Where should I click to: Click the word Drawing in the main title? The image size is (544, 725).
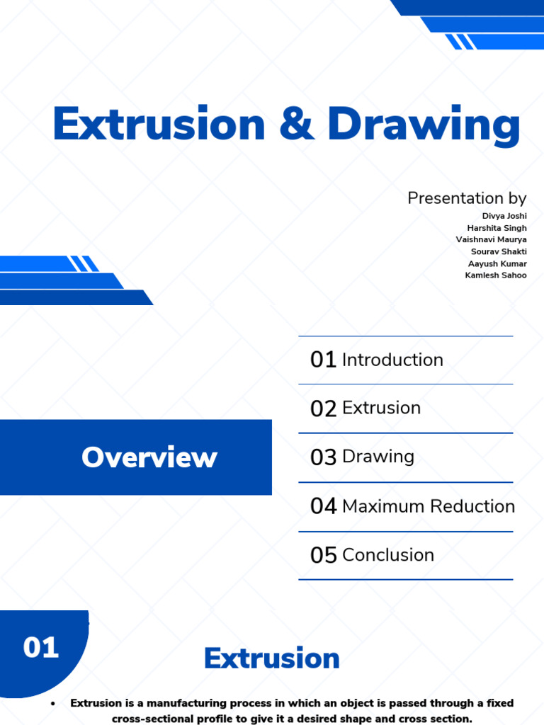(424, 125)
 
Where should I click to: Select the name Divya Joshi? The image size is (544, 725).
(504, 216)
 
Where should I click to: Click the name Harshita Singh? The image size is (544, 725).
(497, 228)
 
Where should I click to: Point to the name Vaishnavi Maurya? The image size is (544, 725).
(491, 240)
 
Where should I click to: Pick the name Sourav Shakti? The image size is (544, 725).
(499, 251)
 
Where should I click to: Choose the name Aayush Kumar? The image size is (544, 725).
(497, 263)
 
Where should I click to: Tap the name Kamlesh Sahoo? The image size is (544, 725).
(496, 275)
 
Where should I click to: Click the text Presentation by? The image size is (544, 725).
(467, 198)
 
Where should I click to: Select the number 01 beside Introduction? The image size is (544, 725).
(323, 360)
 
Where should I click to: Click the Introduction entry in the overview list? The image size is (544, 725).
(392, 360)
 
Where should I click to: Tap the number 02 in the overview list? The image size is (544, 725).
(323, 409)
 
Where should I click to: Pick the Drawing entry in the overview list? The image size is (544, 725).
(378, 457)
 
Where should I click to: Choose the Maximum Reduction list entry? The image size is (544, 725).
(429, 506)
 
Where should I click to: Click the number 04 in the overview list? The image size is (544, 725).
(323, 506)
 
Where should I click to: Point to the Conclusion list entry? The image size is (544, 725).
(388, 555)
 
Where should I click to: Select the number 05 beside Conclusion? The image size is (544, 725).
(323, 556)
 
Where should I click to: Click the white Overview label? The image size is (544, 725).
(149, 457)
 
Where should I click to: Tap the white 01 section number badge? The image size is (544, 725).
(41, 647)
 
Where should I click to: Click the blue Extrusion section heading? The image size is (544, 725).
(272, 658)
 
